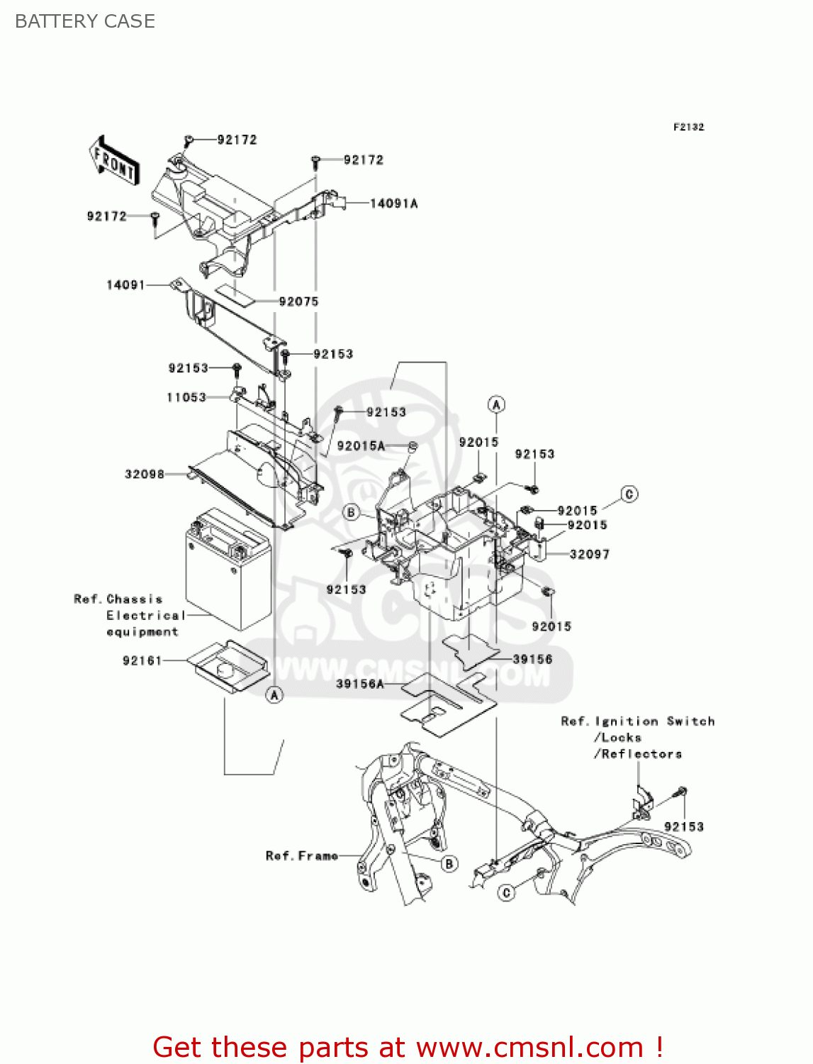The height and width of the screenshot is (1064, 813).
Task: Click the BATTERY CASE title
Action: pyautogui.click(x=85, y=21)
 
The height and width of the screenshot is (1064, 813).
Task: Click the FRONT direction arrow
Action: pyautogui.click(x=114, y=161)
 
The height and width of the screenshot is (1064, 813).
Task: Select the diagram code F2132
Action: pyautogui.click(x=688, y=127)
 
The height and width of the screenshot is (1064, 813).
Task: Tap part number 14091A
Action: pyautogui.click(x=393, y=204)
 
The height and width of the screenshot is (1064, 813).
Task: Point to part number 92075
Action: pyautogui.click(x=298, y=301)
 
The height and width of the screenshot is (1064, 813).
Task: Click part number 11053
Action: pyautogui.click(x=186, y=397)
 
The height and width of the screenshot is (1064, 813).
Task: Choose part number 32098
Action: pyautogui.click(x=145, y=474)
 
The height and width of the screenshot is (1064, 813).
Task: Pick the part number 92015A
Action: pyautogui.click(x=361, y=445)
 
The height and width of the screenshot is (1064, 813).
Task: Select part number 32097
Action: pyautogui.click(x=589, y=554)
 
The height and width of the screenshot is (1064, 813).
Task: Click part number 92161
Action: pyautogui.click(x=142, y=660)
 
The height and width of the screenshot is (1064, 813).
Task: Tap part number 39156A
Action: pyautogui.click(x=360, y=684)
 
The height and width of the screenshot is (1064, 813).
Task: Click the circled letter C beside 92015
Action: pyautogui.click(x=629, y=494)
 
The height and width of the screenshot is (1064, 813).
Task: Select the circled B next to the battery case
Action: pyautogui.click(x=351, y=512)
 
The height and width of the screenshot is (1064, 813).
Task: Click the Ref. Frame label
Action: pyautogui.click(x=301, y=856)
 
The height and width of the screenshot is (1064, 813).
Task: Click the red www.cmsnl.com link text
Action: pyautogui.click(x=529, y=1047)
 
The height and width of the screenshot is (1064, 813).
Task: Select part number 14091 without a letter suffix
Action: pyautogui.click(x=125, y=285)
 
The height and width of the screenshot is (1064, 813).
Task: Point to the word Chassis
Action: pyautogui.click(x=135, y=599)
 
